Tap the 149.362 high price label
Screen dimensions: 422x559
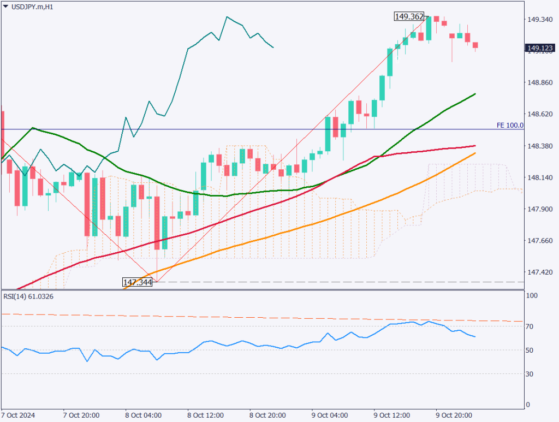click(x=409, y=17)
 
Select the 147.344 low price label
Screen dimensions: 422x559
click(x=137, y=282)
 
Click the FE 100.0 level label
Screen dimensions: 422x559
click(x=510, y=125)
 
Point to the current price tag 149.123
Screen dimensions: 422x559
click(x=539, y=49)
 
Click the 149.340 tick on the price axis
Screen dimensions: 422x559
click(x=539, y=20)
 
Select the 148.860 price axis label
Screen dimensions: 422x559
click(x=539, y=82)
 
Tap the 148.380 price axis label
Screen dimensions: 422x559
click(x=539, y=146)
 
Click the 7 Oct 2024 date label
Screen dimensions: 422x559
click(x=18, y=415)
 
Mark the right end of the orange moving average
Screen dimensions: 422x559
click(x=475, y=153)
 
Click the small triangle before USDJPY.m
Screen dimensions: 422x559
click(x=5, y=7)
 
